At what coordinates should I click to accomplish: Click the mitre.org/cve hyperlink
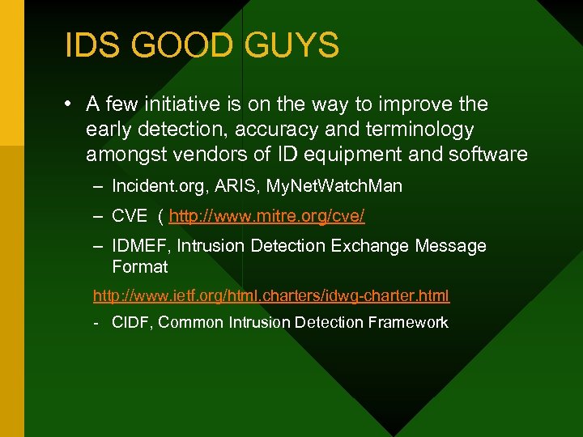(x=266, y=216)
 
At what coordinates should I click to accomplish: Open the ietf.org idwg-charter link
(x=271, y=295)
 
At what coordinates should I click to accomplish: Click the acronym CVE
(x=130, y=216)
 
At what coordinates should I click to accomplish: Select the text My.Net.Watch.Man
(x=350, y=186)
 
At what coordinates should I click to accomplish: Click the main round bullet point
(x=70, y=104)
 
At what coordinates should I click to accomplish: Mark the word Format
(x=139, y=266)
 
